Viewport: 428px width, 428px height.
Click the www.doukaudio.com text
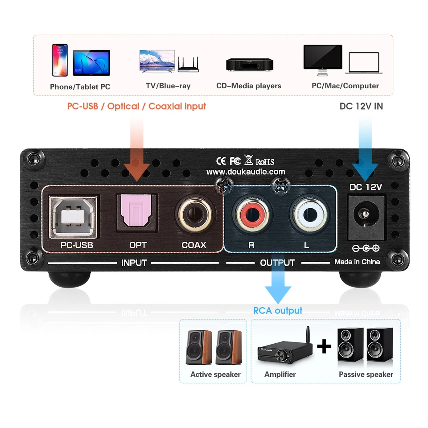pos(246,172)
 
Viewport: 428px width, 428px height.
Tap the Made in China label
pos(357,262)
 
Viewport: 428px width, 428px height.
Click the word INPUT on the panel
pos(134,263)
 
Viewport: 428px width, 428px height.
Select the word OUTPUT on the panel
pos(277,263)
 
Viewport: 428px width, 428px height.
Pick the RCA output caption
pos(278,311)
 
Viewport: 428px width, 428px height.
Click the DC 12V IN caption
pos(361,107)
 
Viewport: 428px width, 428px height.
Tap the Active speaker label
pos(215,374)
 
